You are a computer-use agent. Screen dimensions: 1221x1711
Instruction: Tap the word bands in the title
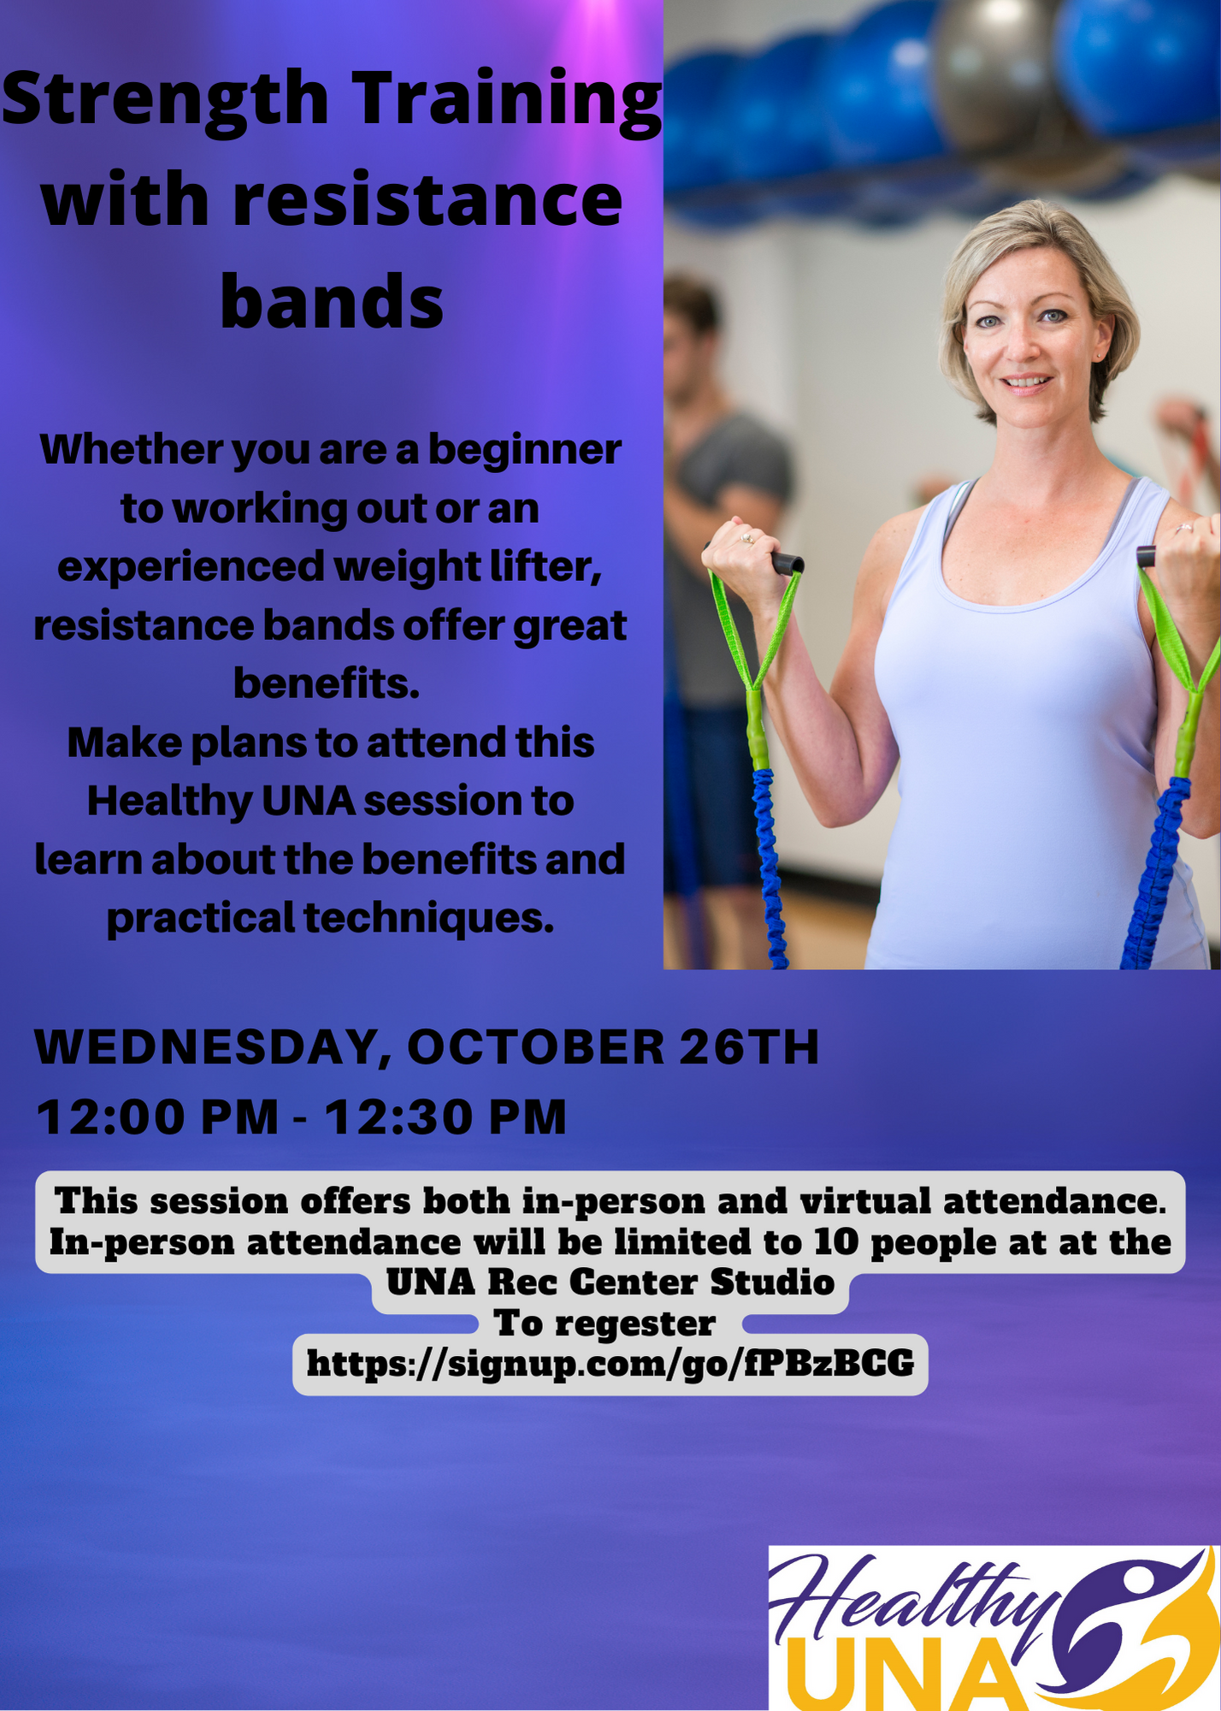[332, 300]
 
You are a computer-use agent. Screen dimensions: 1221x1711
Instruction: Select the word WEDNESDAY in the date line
[205, 1048]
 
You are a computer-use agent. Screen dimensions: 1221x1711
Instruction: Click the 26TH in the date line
[749, 1047]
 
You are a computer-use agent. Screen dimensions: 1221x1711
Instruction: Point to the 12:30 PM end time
[445, 1117]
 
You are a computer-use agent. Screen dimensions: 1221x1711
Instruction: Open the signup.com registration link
[610, 1363]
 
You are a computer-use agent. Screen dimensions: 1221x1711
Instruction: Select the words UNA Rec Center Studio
[610, 1282]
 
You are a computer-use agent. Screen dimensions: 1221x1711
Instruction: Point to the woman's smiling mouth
[1026, 382]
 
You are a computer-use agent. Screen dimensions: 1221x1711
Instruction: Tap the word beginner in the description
[524, 450]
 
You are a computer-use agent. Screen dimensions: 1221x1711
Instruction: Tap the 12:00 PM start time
[158, 1117]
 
